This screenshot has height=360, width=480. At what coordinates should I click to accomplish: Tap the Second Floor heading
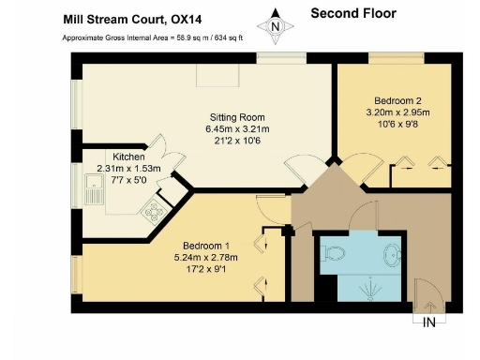click(352, 13)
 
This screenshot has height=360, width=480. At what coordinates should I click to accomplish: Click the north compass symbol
click(274, 26)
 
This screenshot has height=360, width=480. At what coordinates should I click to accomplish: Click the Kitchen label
click(128, 157)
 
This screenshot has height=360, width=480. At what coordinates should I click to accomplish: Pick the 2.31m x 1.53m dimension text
click(128, 169)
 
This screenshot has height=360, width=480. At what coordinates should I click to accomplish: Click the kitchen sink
click(94, 195)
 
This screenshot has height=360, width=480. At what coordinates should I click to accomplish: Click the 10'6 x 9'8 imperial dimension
click(397, 121)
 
